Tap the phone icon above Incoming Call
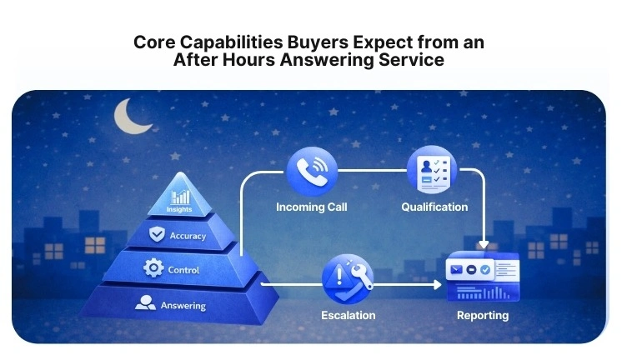311,172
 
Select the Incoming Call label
311,207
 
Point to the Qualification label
434,207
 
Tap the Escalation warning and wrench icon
348,279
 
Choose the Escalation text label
348,315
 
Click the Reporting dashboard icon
482,278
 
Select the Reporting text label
482,315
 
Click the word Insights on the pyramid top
179,209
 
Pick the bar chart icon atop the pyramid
179,197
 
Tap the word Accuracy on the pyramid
188,236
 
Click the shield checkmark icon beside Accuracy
157,235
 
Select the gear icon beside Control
153,268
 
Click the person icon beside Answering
145,304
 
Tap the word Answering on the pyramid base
182,305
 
